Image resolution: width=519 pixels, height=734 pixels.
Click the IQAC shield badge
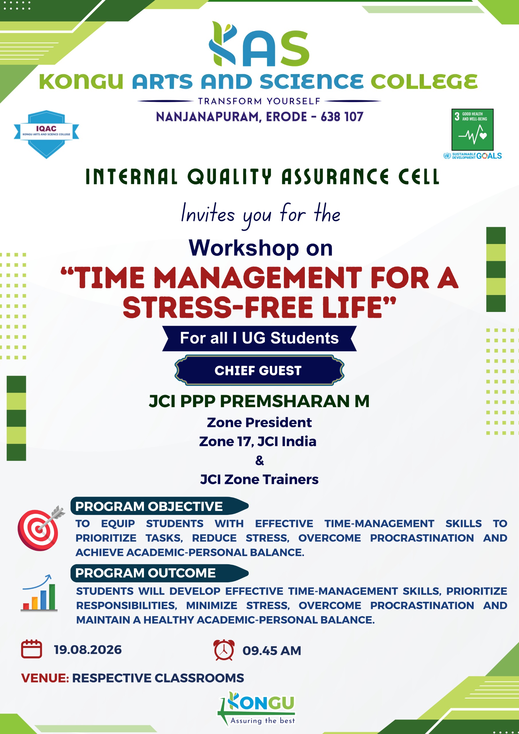(x=46, y=134)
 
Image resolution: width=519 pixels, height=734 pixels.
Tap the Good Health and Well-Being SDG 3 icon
(x=472, y=130)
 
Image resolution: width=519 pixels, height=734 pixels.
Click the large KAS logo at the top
(x=259, y=44)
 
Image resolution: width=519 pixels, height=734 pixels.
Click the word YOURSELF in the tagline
(x=294, y=101)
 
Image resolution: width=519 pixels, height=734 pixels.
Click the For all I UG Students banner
(x=259, y=338)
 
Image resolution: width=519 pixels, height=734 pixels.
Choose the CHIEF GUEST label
(x=258, y=370)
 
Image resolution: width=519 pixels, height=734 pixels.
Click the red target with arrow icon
(x=41, y=528)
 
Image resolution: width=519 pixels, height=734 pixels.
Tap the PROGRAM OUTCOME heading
(x=145, y=573)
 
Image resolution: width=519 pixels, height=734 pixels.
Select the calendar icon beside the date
(x=31, y=649)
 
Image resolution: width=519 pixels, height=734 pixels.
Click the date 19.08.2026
(x=88, y=650)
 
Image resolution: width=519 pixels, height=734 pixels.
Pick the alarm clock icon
(x=224, y=650)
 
